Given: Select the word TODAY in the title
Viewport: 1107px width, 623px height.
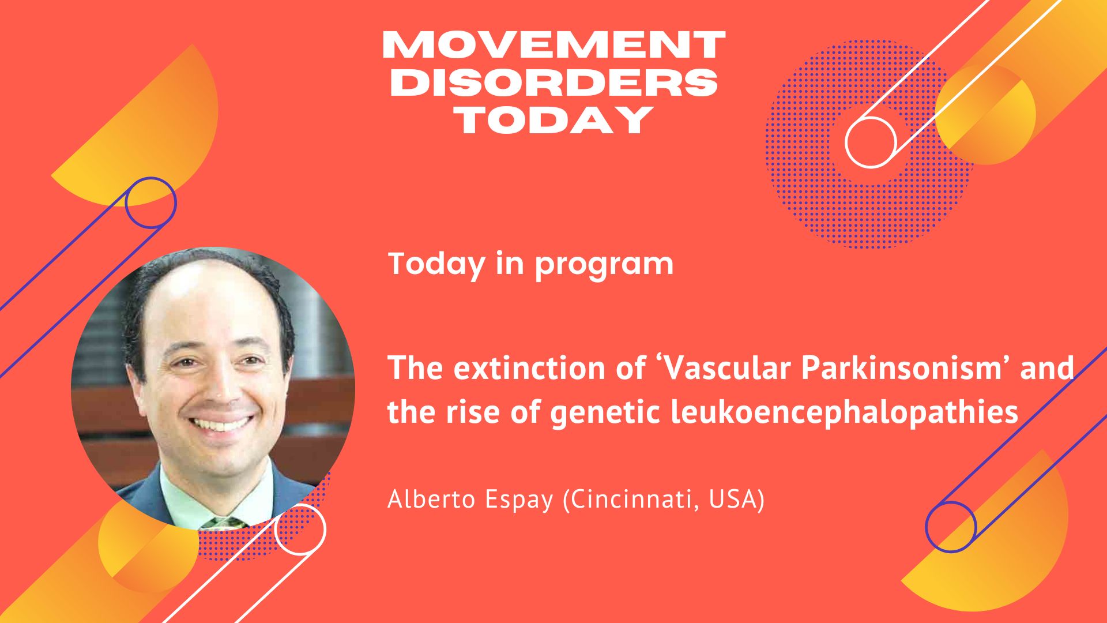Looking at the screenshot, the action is tap(553, 119).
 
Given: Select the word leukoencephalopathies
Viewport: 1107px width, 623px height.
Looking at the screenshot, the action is tap(845, 414).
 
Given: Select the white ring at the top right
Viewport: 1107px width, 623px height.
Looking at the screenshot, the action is tap(847, 142).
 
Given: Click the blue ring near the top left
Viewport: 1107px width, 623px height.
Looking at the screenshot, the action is tap(127, 202).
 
